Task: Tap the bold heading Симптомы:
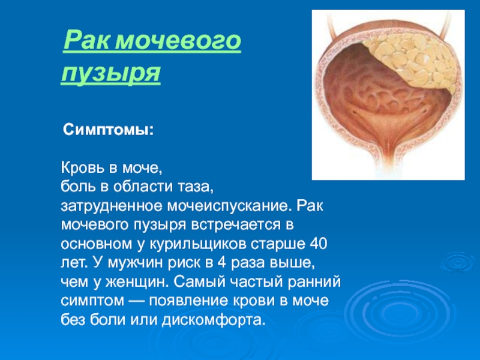point(108,130)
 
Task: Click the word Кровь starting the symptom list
point(82,168)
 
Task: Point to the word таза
point(197,187)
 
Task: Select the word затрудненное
point(112,206)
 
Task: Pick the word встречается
point(236,225)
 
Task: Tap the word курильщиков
point(199,245)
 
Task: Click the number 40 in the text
point(319,244)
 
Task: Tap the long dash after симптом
point(137,301)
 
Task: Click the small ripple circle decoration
point(458,262)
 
